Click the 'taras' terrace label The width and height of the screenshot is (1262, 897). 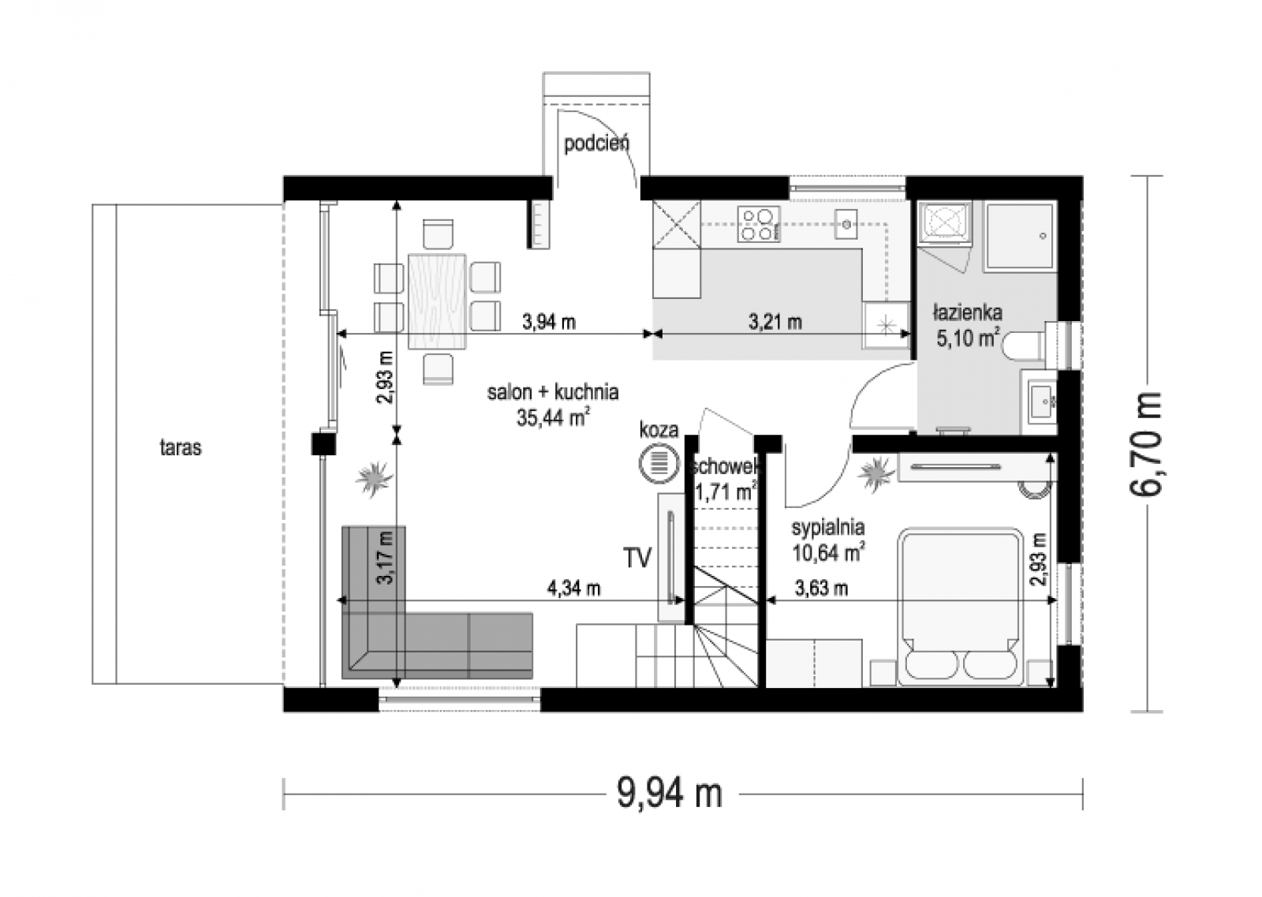[181, 448]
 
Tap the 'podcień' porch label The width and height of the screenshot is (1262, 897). [596, 144]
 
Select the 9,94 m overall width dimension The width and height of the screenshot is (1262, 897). [670, 794]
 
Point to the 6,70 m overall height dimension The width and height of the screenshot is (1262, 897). [1147, 444]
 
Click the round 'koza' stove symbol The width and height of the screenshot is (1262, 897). [659, 463]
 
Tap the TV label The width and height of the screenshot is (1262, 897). [637, 557]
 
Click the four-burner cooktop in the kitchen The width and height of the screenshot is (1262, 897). [759, 224]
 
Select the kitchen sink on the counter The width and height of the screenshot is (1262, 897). [846, 224]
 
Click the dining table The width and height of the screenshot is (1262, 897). [437, 301]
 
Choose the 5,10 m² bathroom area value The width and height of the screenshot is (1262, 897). [969, 338]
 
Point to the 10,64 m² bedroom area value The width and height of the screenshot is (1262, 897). [828, 553]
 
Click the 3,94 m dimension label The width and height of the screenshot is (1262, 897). [549, 322]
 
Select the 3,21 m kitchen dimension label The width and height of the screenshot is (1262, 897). [775, 322]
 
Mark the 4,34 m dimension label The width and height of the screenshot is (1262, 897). [573, 589]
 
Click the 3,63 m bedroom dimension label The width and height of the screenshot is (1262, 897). [821, 589]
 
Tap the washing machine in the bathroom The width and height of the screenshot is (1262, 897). [945, 222]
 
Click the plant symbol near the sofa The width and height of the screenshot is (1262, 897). [374, 479]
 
